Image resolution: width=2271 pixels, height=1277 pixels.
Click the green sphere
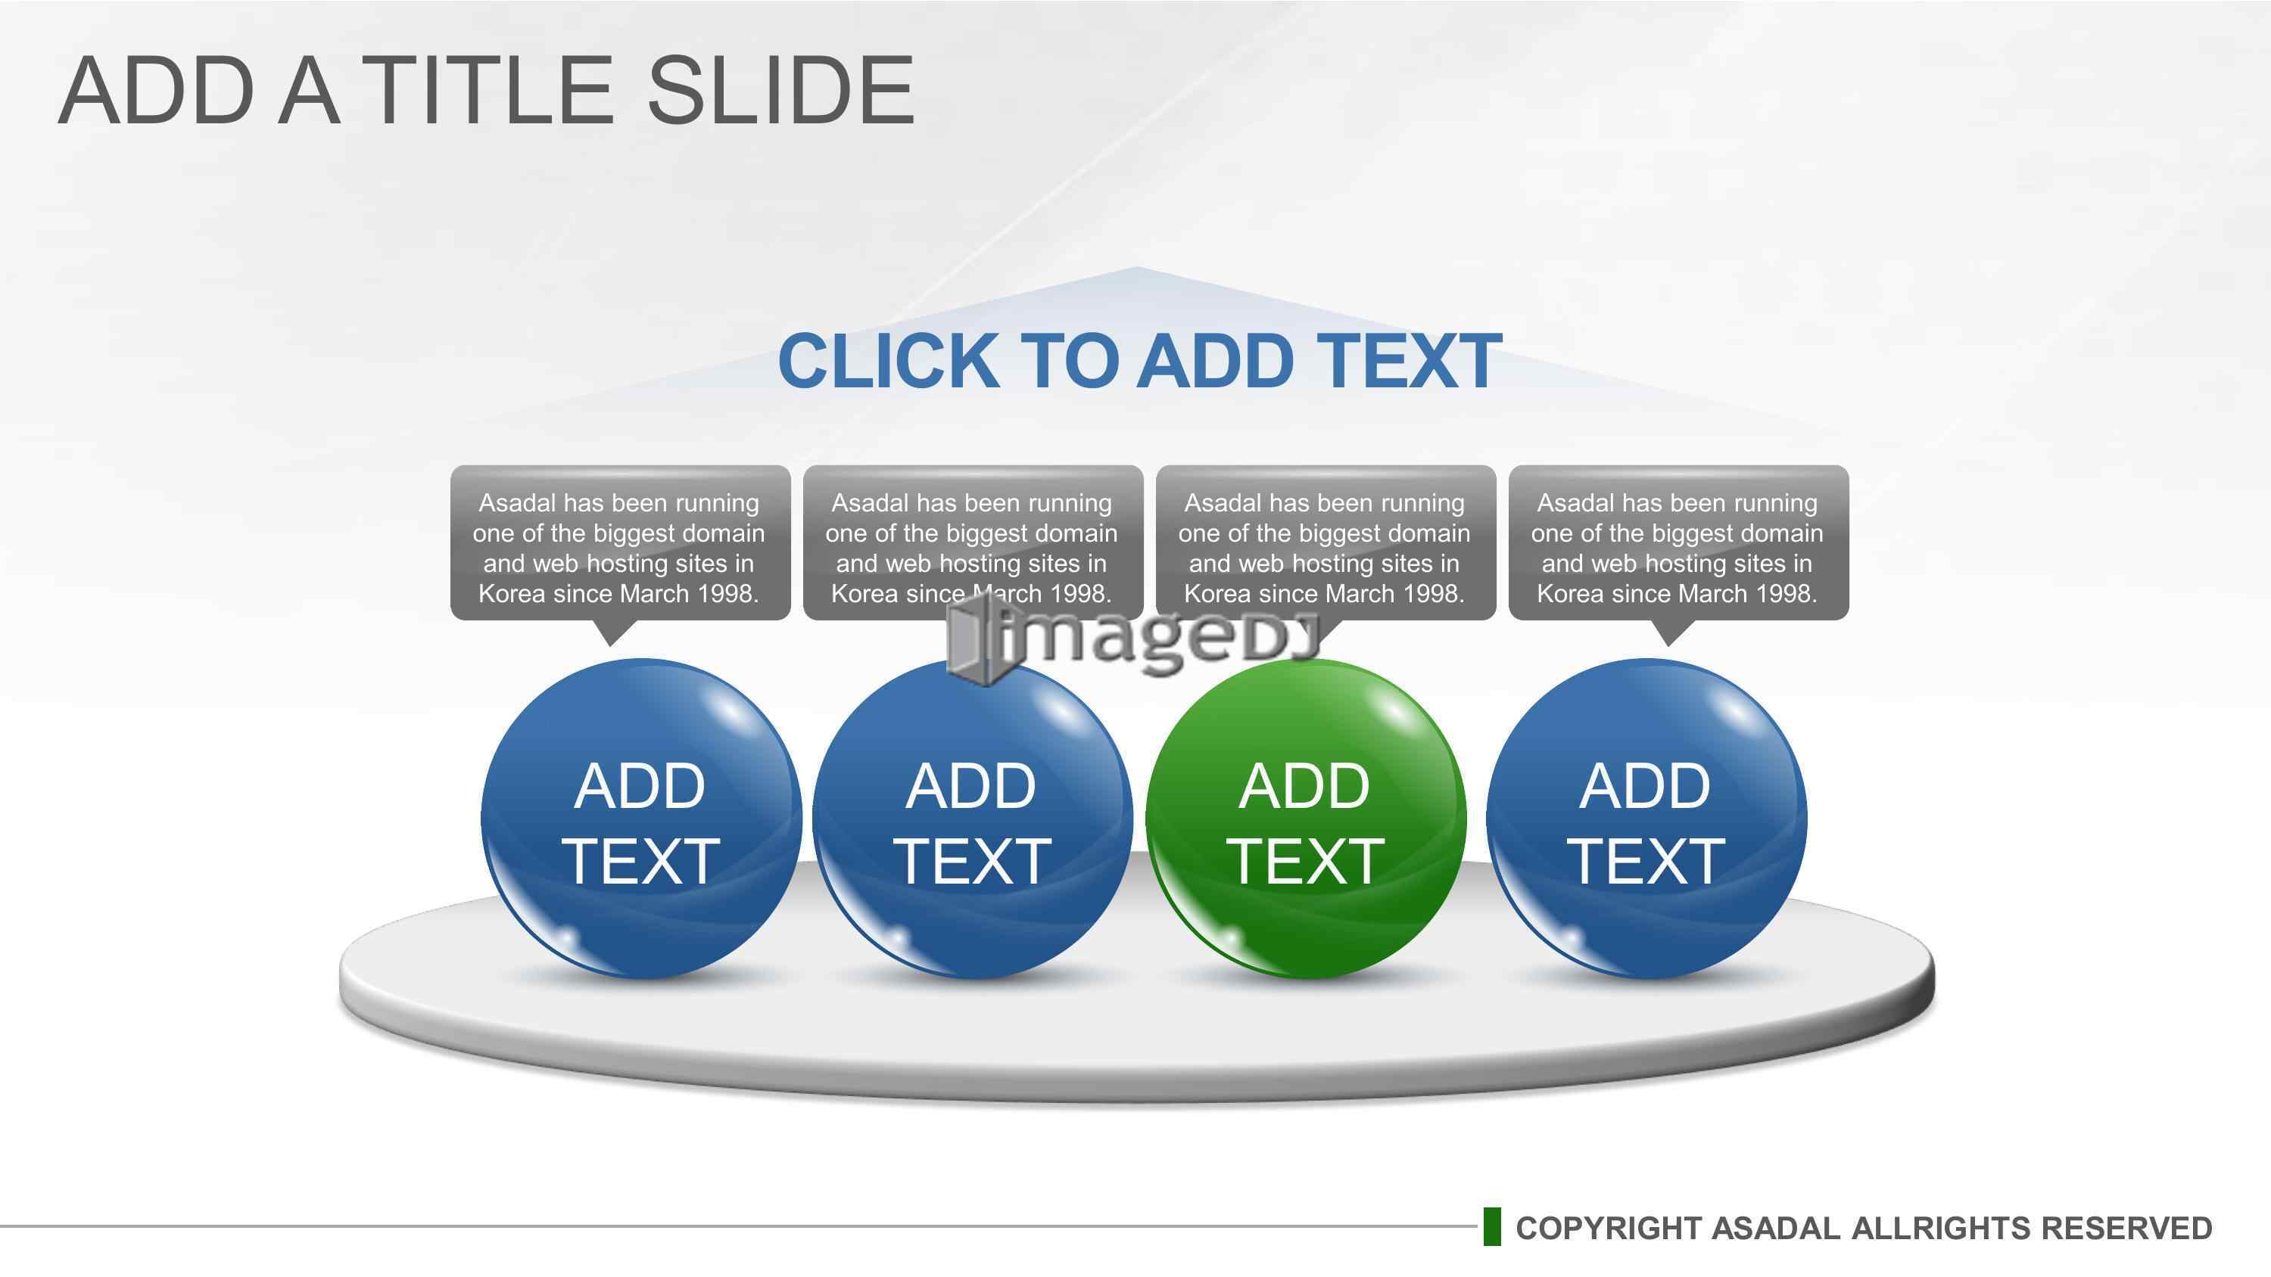click(1306, 819)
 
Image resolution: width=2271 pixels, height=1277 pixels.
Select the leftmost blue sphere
click(641, 819)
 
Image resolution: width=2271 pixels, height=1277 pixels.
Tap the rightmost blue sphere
click(1646, 819)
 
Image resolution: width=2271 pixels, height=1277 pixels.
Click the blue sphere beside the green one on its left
click(973, 819)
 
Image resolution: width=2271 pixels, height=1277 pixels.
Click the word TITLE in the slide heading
click(488, 90)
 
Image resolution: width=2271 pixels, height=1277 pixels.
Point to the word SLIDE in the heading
click(781, 90)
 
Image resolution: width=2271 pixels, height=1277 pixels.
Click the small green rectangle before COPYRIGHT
click(1491, 1227)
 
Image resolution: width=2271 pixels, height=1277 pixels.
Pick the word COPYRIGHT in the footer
click(1608, 1228)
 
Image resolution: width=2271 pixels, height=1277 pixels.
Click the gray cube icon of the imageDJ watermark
click(975, 640)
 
